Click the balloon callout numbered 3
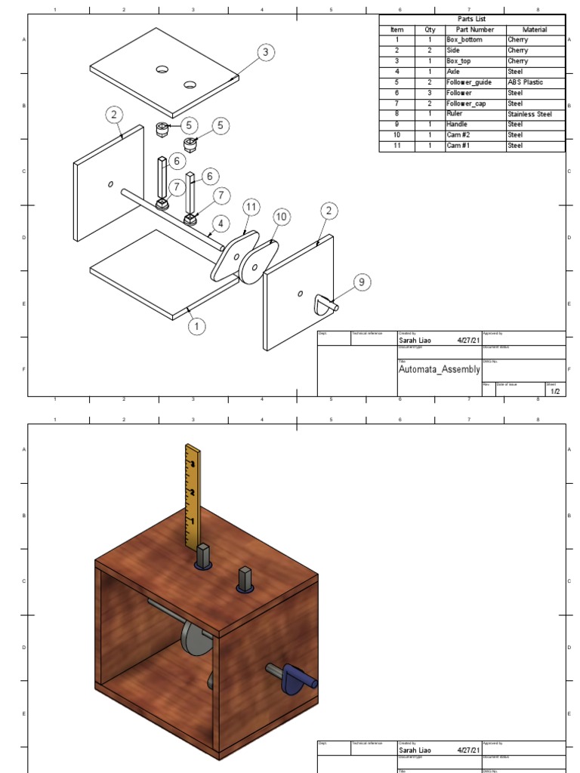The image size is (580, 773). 264,52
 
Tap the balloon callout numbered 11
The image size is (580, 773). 251,206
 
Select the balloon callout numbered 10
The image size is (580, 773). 281,217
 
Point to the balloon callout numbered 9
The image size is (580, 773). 362,282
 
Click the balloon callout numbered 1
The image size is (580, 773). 197,326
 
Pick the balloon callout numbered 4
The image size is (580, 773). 221,223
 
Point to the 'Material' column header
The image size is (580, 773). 535,29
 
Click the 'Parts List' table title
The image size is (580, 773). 472,19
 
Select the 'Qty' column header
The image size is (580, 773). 430,29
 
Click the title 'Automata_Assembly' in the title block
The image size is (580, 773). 439,370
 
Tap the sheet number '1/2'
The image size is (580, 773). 555,391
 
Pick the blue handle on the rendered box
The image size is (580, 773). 295,677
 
